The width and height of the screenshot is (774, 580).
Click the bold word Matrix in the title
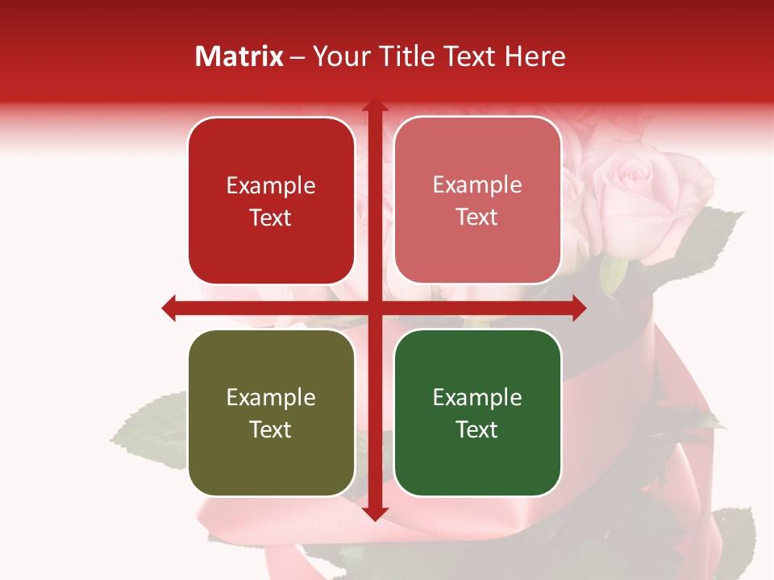click(239, 56)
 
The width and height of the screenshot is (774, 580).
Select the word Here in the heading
click(535, 56)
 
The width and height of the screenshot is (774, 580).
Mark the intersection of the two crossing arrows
click(374, 308)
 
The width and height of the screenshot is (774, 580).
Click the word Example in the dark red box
click(271, 185)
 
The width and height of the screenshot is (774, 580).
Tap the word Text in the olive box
click(271, 429)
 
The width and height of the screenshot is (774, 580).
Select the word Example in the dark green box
click(477, 397)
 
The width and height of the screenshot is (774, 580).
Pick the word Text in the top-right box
click(477, 217)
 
